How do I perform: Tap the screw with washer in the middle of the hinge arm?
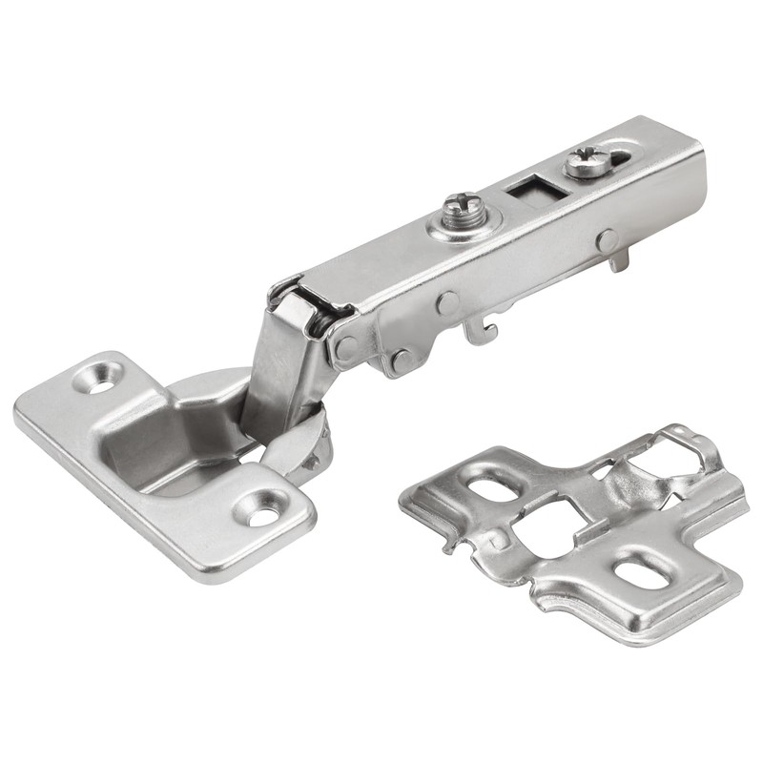point(464,212)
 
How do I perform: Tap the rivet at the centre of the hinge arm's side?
point(447,303)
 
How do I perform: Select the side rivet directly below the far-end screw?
point(608,240)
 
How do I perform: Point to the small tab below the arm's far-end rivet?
point(620,259)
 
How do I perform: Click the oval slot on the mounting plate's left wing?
point(489,486)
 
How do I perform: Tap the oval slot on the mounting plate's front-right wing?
point(632,572)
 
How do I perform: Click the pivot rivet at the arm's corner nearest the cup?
point(347,347)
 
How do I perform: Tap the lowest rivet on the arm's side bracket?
point(401,361)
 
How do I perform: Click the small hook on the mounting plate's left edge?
point(448,544)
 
